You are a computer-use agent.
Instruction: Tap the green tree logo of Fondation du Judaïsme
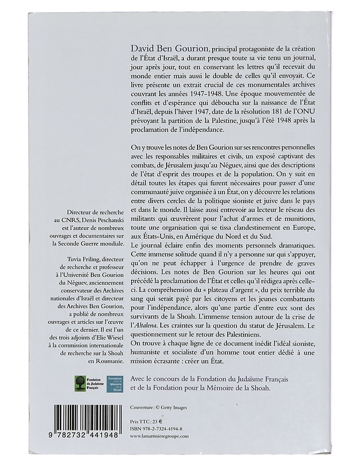[x=79, y=384]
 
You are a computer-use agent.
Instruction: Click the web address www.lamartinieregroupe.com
[x=163, y=435]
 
